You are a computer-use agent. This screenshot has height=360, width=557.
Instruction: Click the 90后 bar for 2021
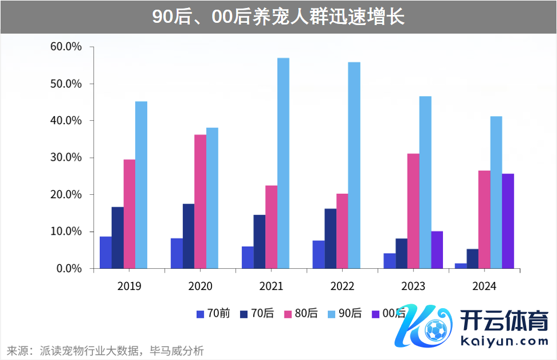click(283, 163)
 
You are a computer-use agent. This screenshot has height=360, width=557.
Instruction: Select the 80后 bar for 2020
click(200, 201)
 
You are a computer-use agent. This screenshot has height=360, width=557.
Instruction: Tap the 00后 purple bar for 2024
click(508, 221)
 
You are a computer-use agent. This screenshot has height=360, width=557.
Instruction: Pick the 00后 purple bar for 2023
click(437, 249)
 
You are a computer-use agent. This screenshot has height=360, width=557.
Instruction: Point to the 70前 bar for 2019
click(105, 252)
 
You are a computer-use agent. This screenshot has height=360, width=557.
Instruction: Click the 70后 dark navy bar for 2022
click(331, 238)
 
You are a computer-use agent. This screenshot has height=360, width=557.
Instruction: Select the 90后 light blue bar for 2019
click(141, 185)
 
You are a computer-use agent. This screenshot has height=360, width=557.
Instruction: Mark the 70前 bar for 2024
click(461, 265)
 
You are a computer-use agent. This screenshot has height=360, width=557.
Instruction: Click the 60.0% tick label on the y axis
click(66, 47)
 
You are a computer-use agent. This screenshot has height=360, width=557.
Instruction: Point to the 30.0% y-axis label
click(66, 157)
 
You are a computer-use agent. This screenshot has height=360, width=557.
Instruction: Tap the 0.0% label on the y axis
click(69, 268)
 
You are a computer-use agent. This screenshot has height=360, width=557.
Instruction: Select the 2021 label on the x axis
click(271, 286)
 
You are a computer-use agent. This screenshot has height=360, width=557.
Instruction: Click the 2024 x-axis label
click(484, 286)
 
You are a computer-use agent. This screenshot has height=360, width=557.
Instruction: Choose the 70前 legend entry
click(213, 313)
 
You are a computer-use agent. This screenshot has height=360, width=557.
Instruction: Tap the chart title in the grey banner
click(278, 17)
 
